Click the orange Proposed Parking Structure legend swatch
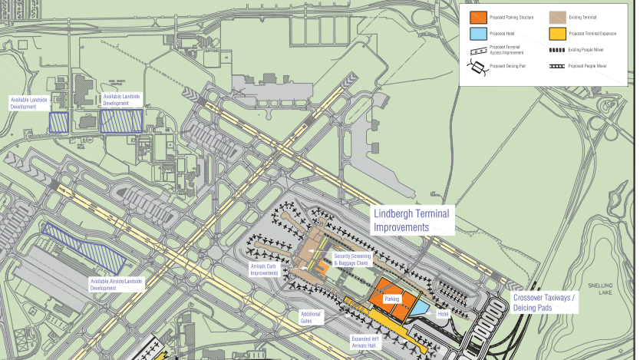click(477, 16)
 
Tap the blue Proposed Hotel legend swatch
click(477, 34)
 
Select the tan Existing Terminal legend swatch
click(556, 16)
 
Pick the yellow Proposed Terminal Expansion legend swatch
click(556, 34)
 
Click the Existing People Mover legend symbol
click(556, 50)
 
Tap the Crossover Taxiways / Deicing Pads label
click(545, 303)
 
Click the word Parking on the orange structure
click(392, 299)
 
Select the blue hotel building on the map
click(421, 307)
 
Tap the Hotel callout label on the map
click(442, 314)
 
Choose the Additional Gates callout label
click(311, 316)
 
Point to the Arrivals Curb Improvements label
click(264, 269)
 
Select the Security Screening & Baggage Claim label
click(351, 259)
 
